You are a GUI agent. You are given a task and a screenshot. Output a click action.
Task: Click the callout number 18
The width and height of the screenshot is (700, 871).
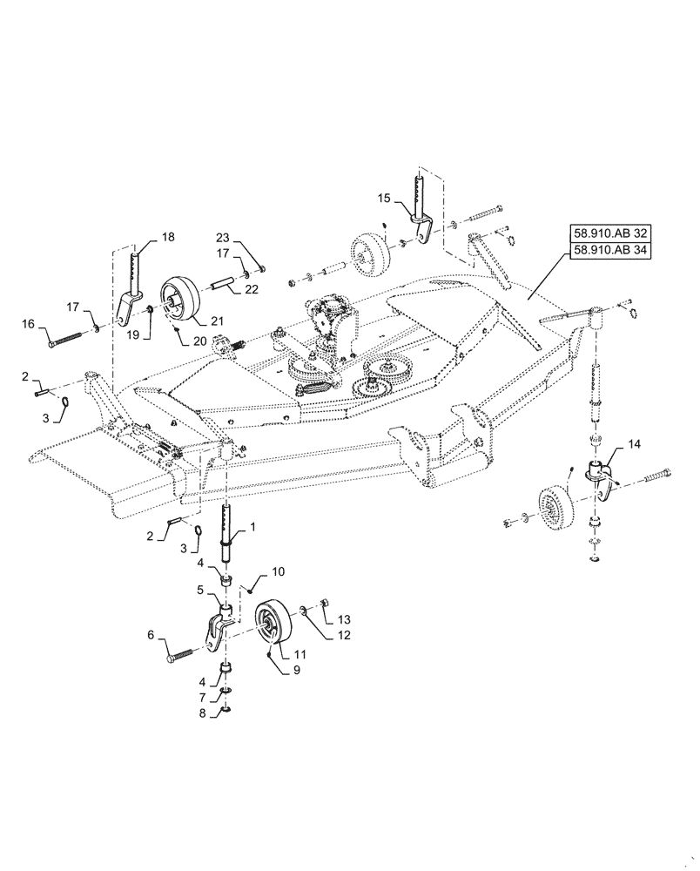click(167, 236)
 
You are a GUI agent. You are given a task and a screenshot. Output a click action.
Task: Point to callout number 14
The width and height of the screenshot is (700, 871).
click(633, 443)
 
